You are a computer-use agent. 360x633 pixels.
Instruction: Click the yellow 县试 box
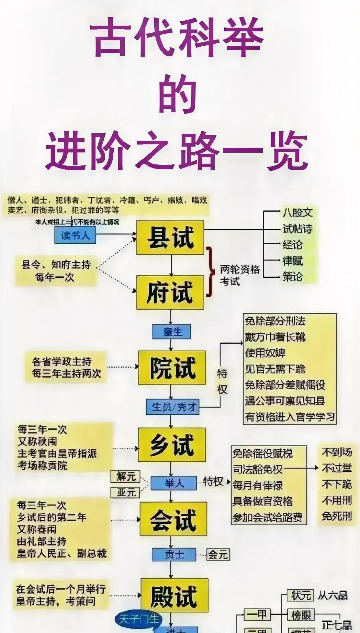(170, 238)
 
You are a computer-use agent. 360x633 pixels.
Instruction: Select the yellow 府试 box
(170, 292)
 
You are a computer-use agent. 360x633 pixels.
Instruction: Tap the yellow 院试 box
(172, 368)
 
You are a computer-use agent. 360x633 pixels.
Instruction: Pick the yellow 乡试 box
(172, 445)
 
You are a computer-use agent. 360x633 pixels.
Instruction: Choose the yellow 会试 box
(173, 519)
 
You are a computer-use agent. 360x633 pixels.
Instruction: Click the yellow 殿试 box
(174, 595)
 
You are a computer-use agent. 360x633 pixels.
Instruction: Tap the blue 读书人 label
(75, 235)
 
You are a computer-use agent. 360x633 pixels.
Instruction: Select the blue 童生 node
(171, 332)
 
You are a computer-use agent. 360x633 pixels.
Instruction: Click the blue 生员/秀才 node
(172, 407)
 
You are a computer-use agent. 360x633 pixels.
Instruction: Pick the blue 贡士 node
(174, 554)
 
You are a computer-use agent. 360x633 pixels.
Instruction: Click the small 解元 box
(126, 476)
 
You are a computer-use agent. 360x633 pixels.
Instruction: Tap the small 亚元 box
(126, 493)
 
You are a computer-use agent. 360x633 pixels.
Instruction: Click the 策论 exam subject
(293, 277)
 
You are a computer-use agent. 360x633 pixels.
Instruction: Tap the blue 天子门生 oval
(139, 619)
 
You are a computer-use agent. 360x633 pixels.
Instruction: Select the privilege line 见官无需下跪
(275, 369)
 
